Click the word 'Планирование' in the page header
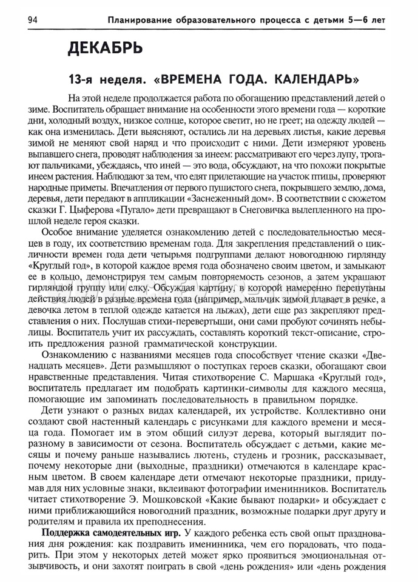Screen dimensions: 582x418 [141, 20]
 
